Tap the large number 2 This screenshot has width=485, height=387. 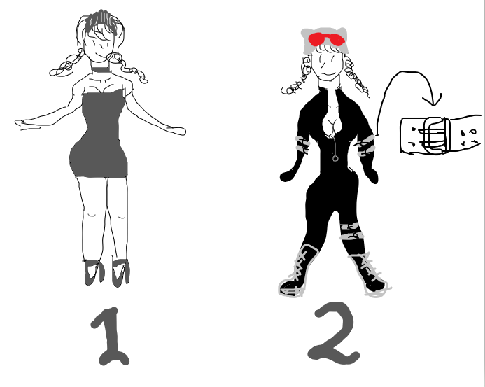tap(334, 334)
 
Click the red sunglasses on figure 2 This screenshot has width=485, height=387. tap(326, 39)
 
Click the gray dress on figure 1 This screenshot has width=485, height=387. tap(99, 136)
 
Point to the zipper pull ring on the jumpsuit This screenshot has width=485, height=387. tap(335, 159)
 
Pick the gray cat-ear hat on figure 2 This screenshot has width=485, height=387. tap(324, 40)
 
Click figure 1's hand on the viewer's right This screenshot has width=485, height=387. tap(177, 131)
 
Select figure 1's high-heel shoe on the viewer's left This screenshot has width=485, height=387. tap(94, 272)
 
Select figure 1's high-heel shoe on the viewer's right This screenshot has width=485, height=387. tap(120, 273)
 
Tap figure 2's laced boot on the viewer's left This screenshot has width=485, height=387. tap(297, 272)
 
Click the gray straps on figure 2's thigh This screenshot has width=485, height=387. tap(352, 232)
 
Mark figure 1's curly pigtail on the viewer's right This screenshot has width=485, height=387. tap(127, 67)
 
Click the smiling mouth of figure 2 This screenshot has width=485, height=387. tap(328, 74)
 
